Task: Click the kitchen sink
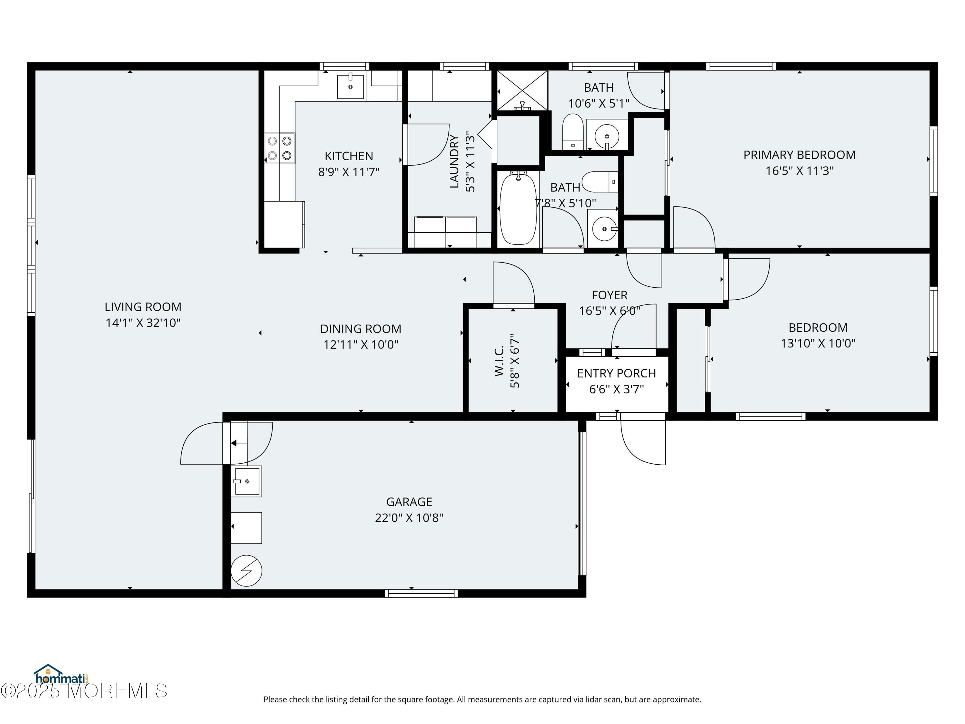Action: point(350,87)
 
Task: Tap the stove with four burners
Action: point(280,148)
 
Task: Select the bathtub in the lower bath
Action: point(518,209)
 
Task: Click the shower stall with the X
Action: point(522,91)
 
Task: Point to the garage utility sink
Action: point(246,481)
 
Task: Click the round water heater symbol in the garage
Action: point(246,571)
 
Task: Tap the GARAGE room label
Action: point(409,502)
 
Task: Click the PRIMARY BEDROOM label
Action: point(799,155)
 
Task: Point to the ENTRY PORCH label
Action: point(616,373)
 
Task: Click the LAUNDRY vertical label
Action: point(454,162)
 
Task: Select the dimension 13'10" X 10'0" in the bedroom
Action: point(818,343)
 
